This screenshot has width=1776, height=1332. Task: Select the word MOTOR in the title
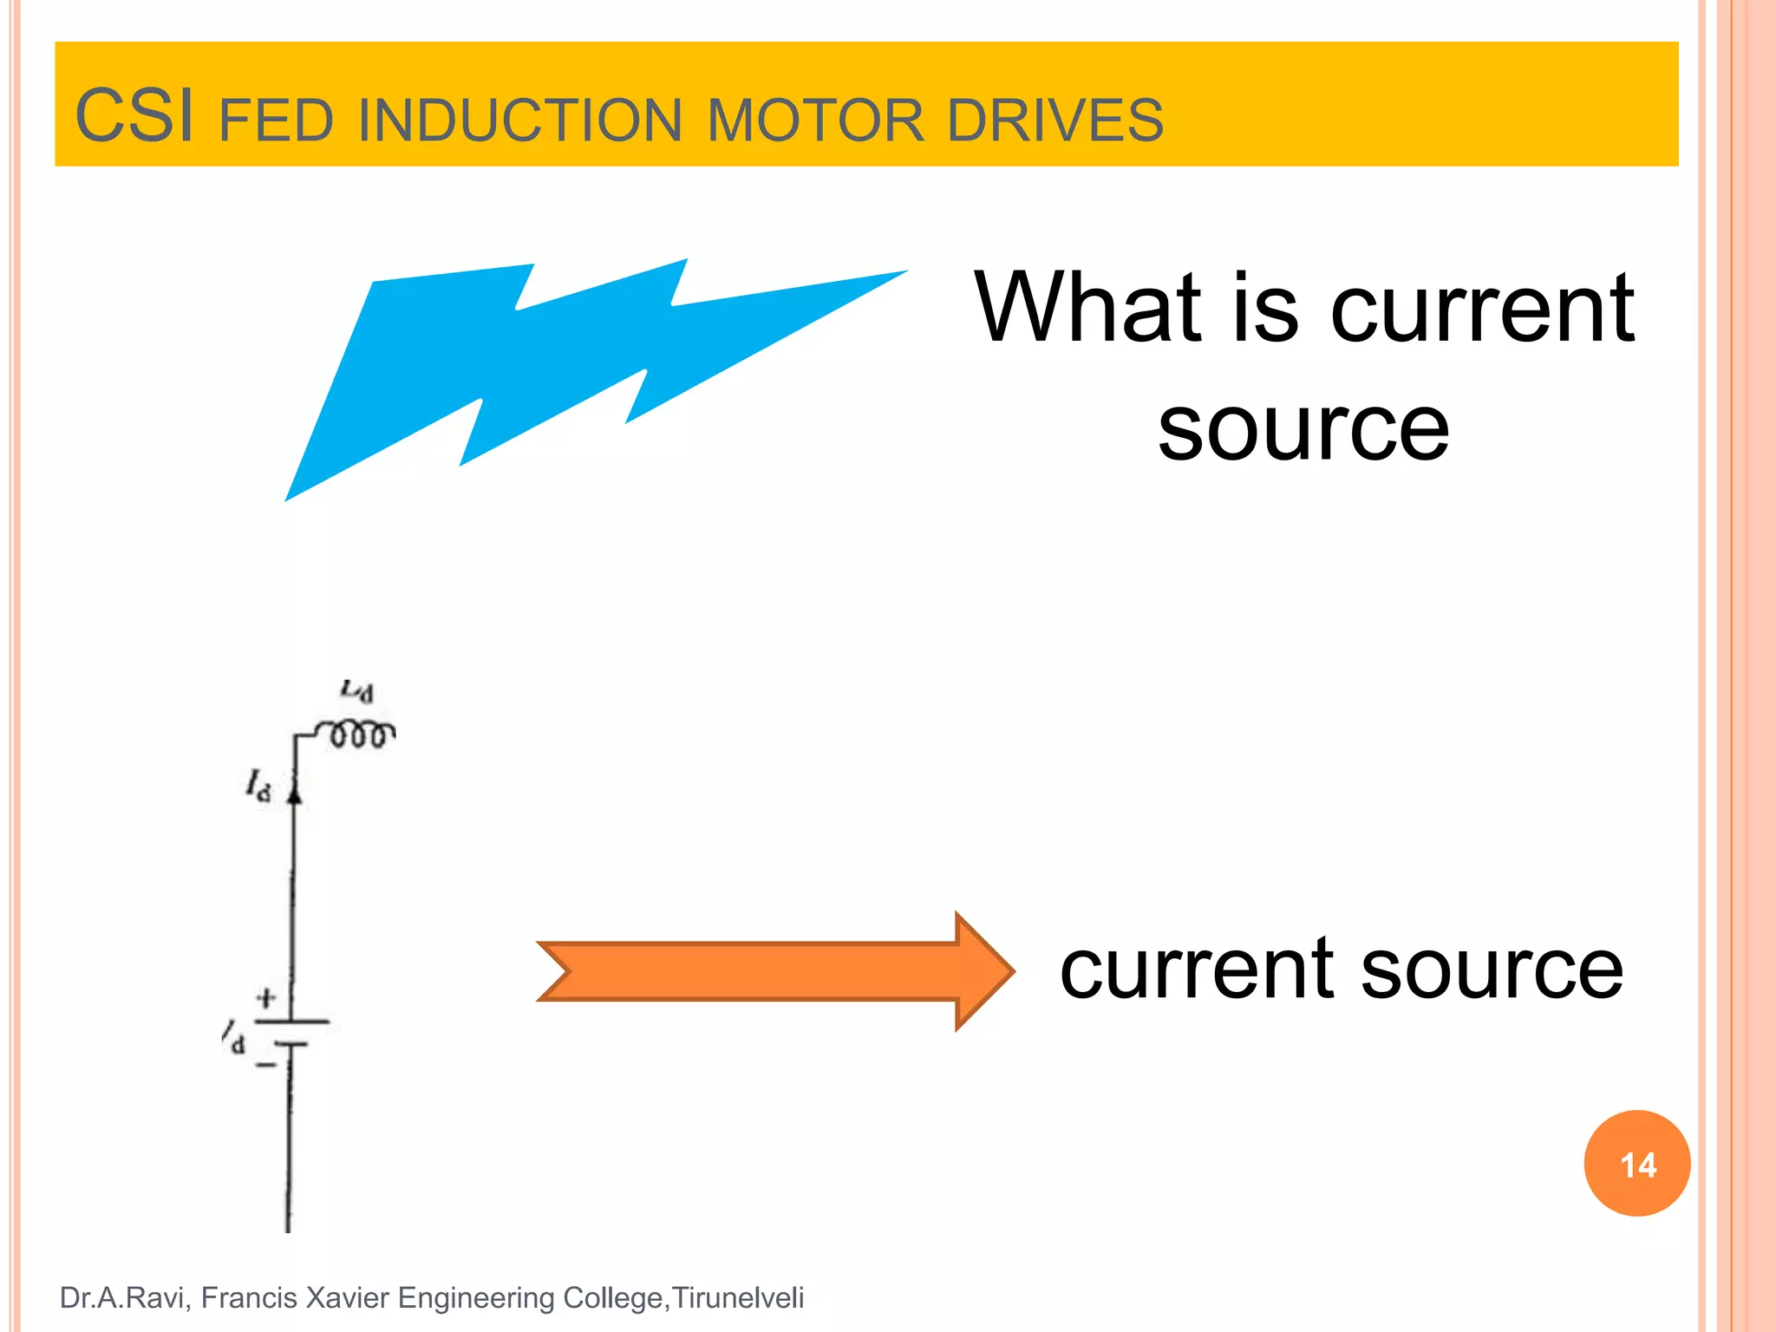pyautogui.click(x=815, y=121)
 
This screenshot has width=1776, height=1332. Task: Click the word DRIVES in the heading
pyautogui.click(x=1054, y=121)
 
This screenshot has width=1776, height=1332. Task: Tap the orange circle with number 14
pyautogui.click(x=1637, y=1164)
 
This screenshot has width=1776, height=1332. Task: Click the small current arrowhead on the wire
pyautogui.click(x=295, y=792)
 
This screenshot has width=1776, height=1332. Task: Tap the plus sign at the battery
pyautogui.click(x=266, y=998)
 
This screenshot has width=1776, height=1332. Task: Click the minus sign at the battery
pyautogui.click(x=265, y=1064)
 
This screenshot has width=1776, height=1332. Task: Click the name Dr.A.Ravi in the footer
pyautogui.click(x=122, y=1298)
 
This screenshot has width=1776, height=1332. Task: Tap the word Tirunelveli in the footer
pyautogui.click(x=738, y=1298)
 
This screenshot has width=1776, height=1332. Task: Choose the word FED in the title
pyautogui.click(x=276, y=121)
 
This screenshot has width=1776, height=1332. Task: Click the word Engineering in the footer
pyautogui.click(x=476, y=1298)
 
